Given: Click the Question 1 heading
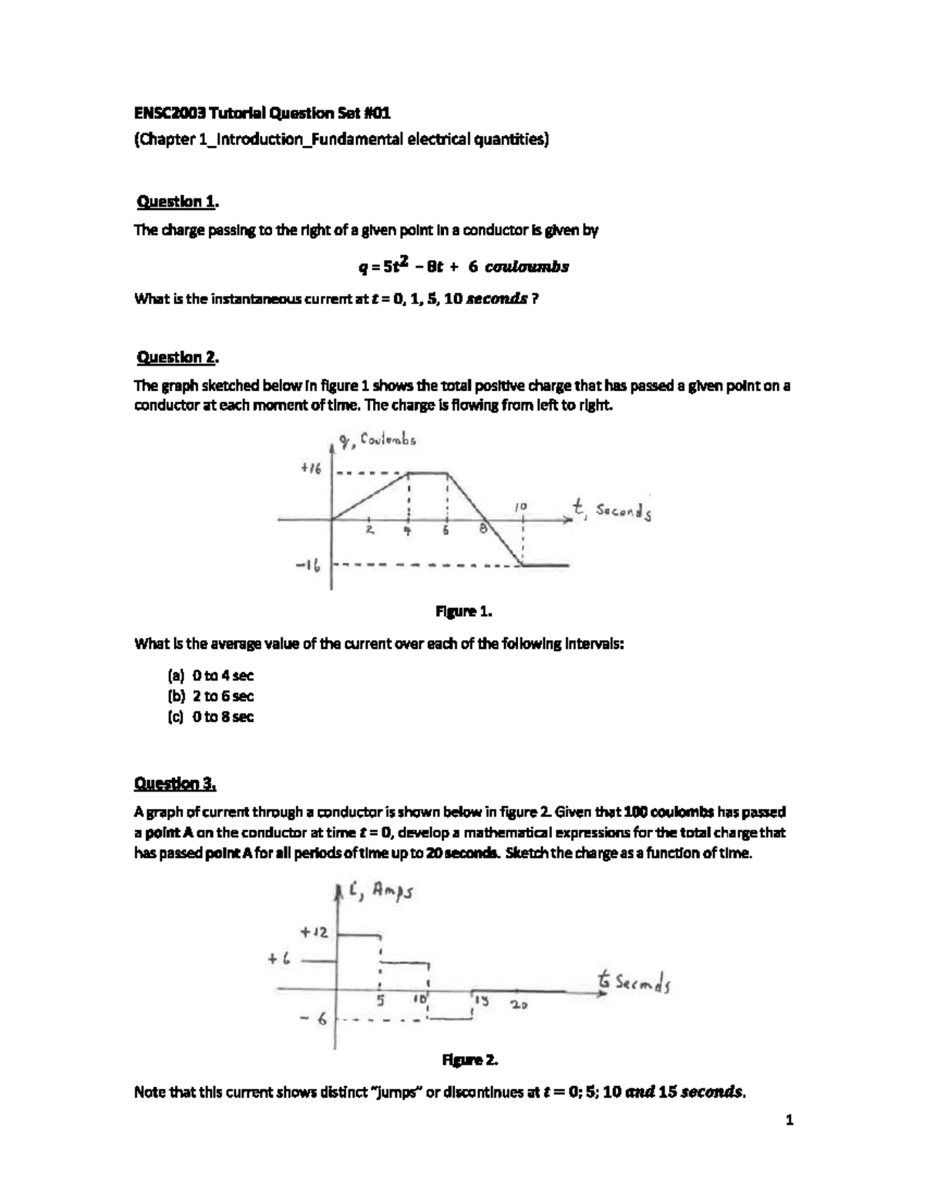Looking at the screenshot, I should [x=177, y=202].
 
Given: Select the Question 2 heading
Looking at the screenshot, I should [x=177, y=357].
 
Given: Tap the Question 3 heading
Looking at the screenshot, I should [x=175, y=784].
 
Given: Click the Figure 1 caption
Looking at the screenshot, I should [x=463, y=612].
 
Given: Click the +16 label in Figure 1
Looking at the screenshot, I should [x=310, y=469].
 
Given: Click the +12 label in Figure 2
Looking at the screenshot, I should [x=315, y=932].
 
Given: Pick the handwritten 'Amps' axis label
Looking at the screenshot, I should [x=393, y=892].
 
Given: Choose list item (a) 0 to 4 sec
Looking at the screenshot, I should [x=210, y=676].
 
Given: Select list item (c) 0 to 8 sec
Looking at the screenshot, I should [x=210, y=717].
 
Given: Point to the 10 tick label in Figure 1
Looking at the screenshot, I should [x=521, y=505].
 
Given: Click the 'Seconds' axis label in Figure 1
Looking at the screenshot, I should [x=624, y=512].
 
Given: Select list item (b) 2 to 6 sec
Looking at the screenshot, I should [x=210, y=696].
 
